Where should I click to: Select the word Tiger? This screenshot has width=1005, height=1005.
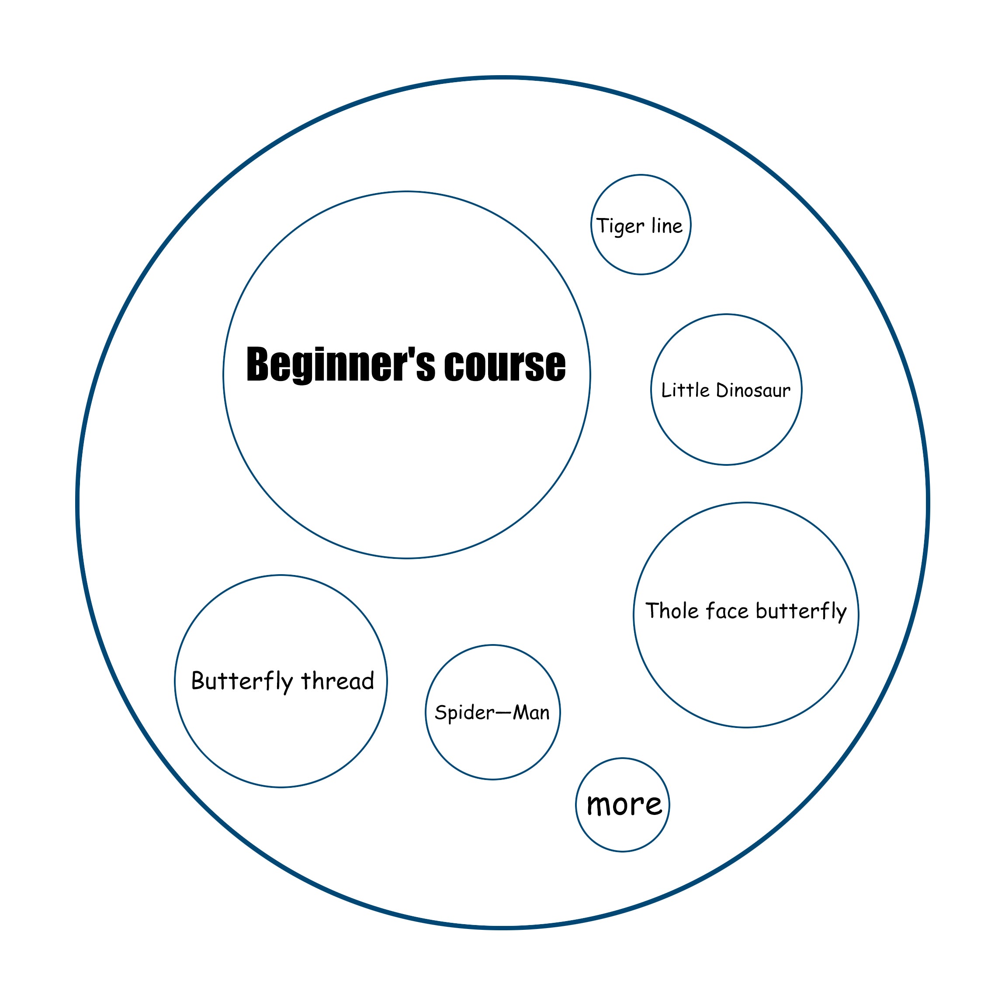pos(620,227)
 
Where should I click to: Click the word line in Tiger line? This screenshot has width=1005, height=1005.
pos(667,226)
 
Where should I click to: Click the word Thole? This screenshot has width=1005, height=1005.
pos(672,611)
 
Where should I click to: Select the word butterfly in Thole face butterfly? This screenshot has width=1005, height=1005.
pos(801,612)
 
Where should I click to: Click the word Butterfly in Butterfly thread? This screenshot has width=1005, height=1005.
pos(242,682)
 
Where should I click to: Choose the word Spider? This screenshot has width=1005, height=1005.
pos(464,713)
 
